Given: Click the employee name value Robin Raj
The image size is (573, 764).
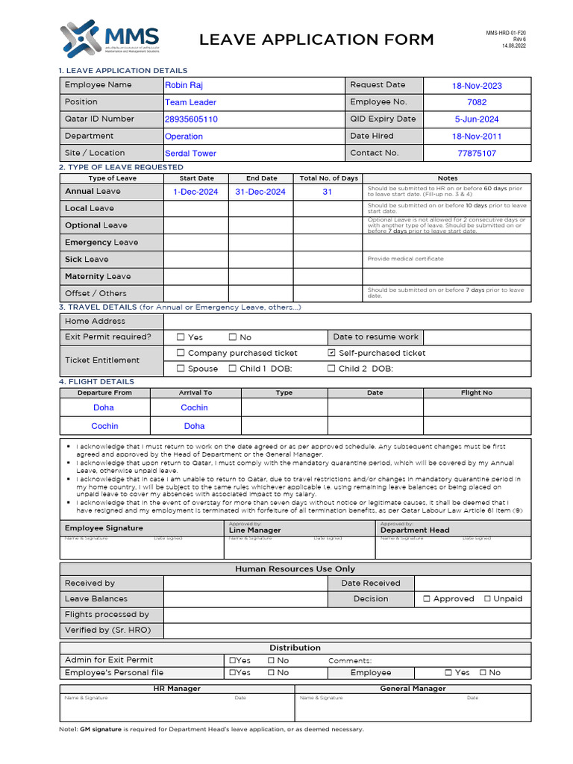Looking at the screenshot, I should pyautogui.click(x=184, y=85).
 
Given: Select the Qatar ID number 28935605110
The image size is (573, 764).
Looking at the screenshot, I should pyautogui.click(x=191, y=119).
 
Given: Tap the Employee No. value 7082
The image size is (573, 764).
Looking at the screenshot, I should pyautogui.click(x=477, y=102).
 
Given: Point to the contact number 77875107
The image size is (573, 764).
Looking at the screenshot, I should pyautogui.click(x=477, y=154).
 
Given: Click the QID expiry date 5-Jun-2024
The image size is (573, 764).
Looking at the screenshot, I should pyautogui.click(x=477, y=119).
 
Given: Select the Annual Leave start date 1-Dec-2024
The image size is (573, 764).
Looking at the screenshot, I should pyautogui.click(x=195, y=192).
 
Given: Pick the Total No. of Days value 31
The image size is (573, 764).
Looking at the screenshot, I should pyautogui.click(x=327, y=192).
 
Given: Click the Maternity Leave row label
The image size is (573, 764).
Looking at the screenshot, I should pyautogui.click(x=98, y=276).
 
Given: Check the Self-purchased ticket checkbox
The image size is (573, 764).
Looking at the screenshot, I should pyautogui.click(x=332, y=353).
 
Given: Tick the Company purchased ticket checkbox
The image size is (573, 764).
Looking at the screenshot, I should pyautogui.click(x=181, y=353).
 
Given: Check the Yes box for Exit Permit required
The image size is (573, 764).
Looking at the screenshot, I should pyautogui.click(x=181, y=337).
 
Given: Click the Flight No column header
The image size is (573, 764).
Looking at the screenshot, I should pyautogui.click(x=477, y=392).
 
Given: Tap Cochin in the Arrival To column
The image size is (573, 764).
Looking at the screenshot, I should pyautogui.click(x=195, y=408).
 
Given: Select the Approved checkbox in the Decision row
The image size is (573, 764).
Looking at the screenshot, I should pyautogui.click(x=427, y=598).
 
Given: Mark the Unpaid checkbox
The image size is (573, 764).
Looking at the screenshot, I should pyautogui.click(x=487, y=598).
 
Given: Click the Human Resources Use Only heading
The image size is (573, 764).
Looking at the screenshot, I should pyautogui.click(x=295, y=569).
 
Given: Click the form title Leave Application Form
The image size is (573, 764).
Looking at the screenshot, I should pyautogui.click(x=316, y=40).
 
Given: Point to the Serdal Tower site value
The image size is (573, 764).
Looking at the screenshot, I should pyautogui.click(x=190, y=154).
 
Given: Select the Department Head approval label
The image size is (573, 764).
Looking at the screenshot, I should pyautogui.click(x=415, y=530).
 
